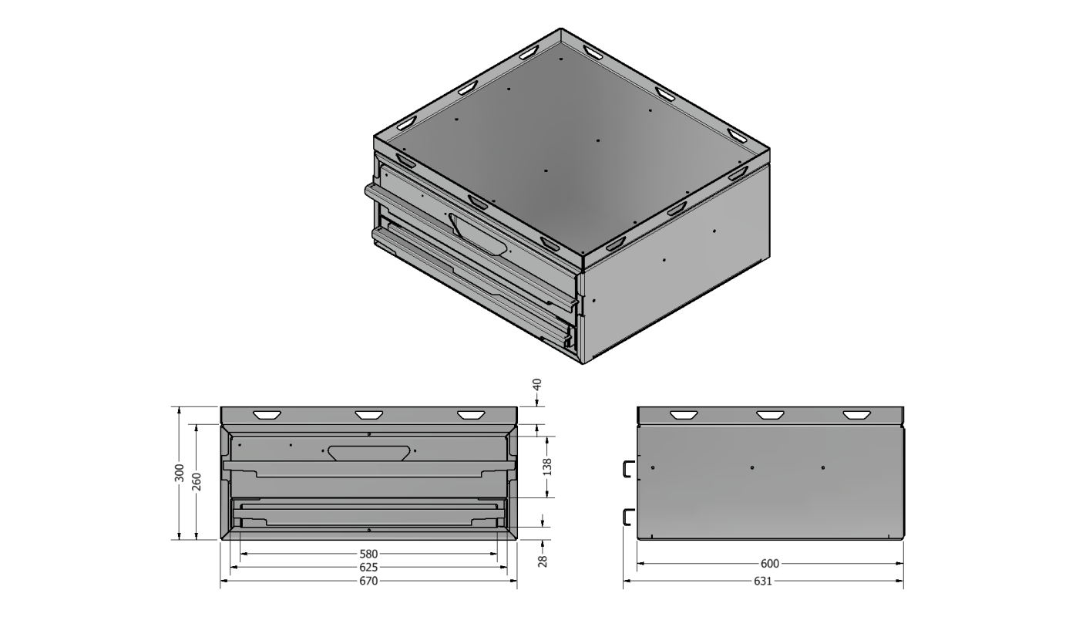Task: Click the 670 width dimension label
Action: [368, 582]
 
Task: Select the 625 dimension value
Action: [368, 568]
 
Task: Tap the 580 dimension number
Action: [368, 555]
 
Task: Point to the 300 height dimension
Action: [179, 473]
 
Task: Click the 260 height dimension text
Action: [197, 481]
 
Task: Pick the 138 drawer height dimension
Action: [547, 467]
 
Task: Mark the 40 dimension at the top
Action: [537, 385]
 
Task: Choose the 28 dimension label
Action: [543, 561]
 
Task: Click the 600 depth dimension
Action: [770, 564]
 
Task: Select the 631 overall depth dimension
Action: [763, 582]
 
